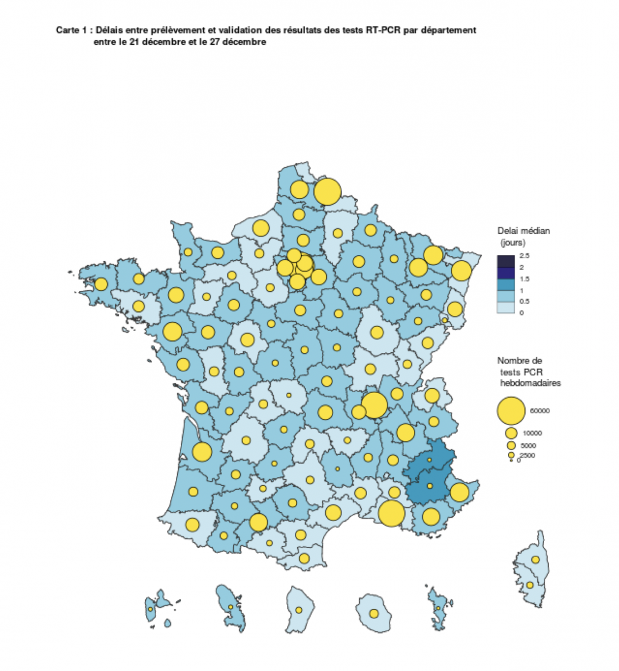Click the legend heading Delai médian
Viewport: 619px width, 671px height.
pos(523,231)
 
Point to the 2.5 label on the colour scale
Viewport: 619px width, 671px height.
pos(524,256)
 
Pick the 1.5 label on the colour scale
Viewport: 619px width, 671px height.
pos(524,279)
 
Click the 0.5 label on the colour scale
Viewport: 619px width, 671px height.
pos(524,302)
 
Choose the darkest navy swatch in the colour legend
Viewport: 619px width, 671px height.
pos(506,261)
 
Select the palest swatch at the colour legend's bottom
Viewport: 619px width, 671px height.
pos(506,308)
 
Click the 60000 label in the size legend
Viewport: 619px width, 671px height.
pos(540,411)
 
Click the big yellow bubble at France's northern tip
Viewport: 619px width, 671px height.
pos(328,192)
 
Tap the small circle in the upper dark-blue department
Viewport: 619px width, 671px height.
pos(429,460)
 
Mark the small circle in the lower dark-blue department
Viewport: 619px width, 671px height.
pos(429,486)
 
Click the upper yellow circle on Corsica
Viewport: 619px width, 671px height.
pos(535,560)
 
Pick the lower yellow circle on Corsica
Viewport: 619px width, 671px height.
pos(530,585)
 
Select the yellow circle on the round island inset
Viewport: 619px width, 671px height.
pos(373,613)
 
